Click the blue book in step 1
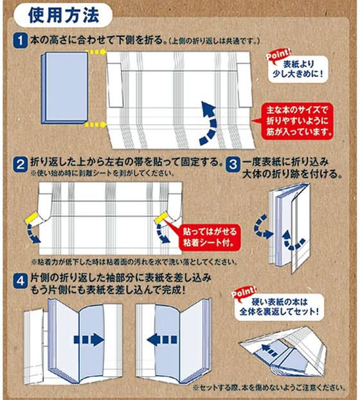pos(62,88)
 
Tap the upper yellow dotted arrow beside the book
pos(96,51)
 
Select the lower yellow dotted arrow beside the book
pos(96,124)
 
